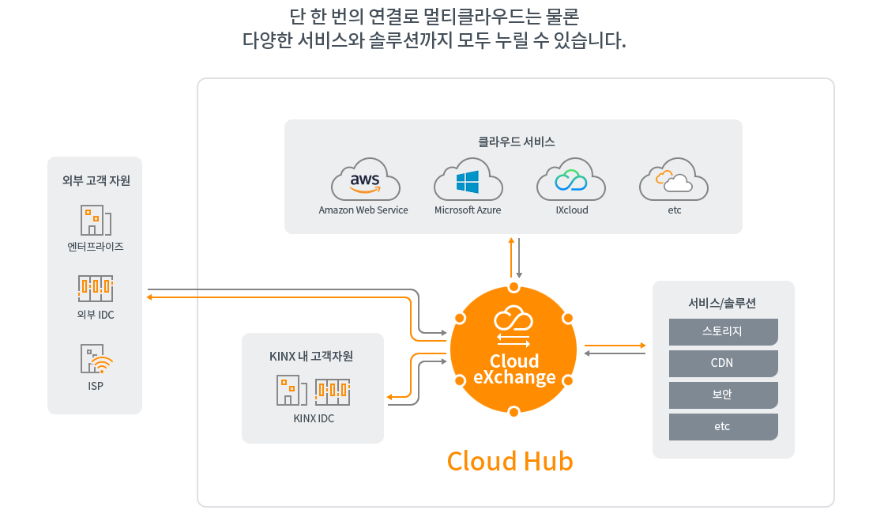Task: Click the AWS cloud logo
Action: tap(366, 179)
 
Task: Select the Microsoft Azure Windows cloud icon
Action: tap(468, 179)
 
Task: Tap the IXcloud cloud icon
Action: tap(571, 179)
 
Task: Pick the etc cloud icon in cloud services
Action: tap(673, 179)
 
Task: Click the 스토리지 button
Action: tap(723, 331)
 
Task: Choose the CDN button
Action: tap(723, 363)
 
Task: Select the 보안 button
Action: tap(723, 395)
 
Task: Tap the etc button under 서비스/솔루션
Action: tap(723, 426)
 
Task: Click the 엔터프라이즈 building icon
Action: tap(96, 220)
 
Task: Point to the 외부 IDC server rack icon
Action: tap(96, 289)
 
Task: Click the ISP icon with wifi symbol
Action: tap(96, 359)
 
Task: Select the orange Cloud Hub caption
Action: tap(510, 461)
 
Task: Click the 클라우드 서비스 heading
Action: tap(517, 142)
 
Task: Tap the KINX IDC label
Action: tap(314, 418)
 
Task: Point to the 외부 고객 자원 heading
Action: tap(96, 181)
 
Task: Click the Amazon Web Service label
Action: tap(363, 210)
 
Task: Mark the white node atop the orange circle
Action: tap(513, 287)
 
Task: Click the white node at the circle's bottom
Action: tap(513, 411)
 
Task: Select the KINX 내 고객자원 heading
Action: tap(311, 357)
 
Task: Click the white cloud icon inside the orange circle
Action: tap(513, 319)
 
